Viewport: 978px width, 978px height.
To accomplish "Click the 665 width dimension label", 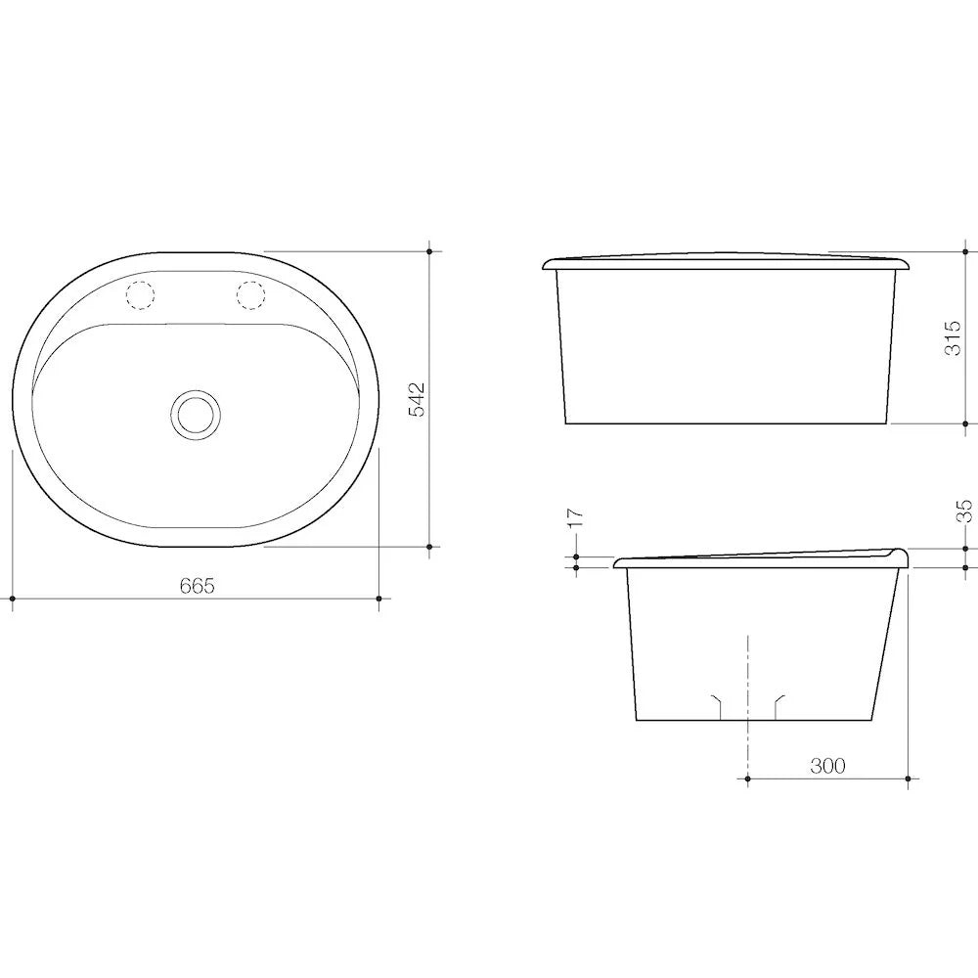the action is (198, 586).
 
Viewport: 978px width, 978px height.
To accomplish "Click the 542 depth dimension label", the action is (416, 399).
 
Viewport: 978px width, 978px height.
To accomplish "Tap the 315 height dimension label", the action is (953, 338).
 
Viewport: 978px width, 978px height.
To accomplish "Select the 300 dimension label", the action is (827, 766).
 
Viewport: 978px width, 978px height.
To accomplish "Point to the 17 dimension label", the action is (576, 517).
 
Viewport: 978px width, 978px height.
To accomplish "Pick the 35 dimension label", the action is (964, 511).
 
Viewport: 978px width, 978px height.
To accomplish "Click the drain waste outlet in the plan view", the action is (196, 414).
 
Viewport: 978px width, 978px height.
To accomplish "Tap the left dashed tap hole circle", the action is (140, 295).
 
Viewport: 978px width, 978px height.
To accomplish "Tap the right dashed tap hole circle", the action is (250, 295).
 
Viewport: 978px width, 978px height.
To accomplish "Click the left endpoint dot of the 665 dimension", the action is (13, 599).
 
